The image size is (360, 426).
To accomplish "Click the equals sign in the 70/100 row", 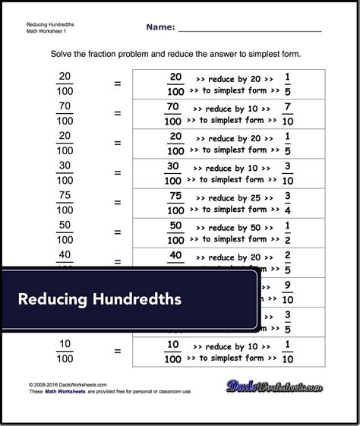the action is [x=117, y=112].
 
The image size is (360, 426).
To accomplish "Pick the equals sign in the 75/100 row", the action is [x=117, y=201].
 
